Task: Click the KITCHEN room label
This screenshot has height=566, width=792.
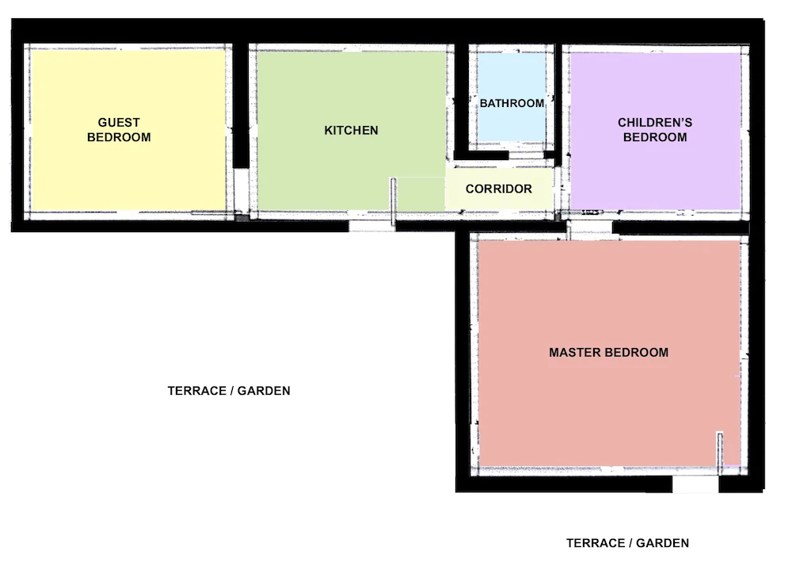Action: tap(351, 130)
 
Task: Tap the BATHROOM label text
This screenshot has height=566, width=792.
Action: tap(512, 104)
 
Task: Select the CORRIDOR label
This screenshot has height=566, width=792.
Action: tap(498, 189)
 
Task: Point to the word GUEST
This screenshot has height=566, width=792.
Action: tap(119, 123)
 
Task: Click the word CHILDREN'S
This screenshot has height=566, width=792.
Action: tap(655, 123)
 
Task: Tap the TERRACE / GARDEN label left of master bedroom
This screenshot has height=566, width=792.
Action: tap(229, 391)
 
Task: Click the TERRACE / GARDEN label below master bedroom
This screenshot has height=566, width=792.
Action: tap(627, 543)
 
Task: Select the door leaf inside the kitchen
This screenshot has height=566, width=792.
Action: tap(393, 201)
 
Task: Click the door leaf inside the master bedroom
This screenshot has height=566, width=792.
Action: tap(720, 453)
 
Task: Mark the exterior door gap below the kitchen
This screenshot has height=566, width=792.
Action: tap(372, 226)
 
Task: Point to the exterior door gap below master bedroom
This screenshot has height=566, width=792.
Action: tap(695, 484)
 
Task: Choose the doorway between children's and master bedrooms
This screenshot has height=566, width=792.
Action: tap(589, 228)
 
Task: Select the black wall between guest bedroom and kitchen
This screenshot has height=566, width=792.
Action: tap(241, 105)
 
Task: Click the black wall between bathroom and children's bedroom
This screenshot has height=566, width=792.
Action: tap(558, 105)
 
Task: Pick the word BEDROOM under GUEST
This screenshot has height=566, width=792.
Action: tap(119, 137)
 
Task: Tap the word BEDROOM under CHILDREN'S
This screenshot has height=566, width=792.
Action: tap(655, 137)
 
